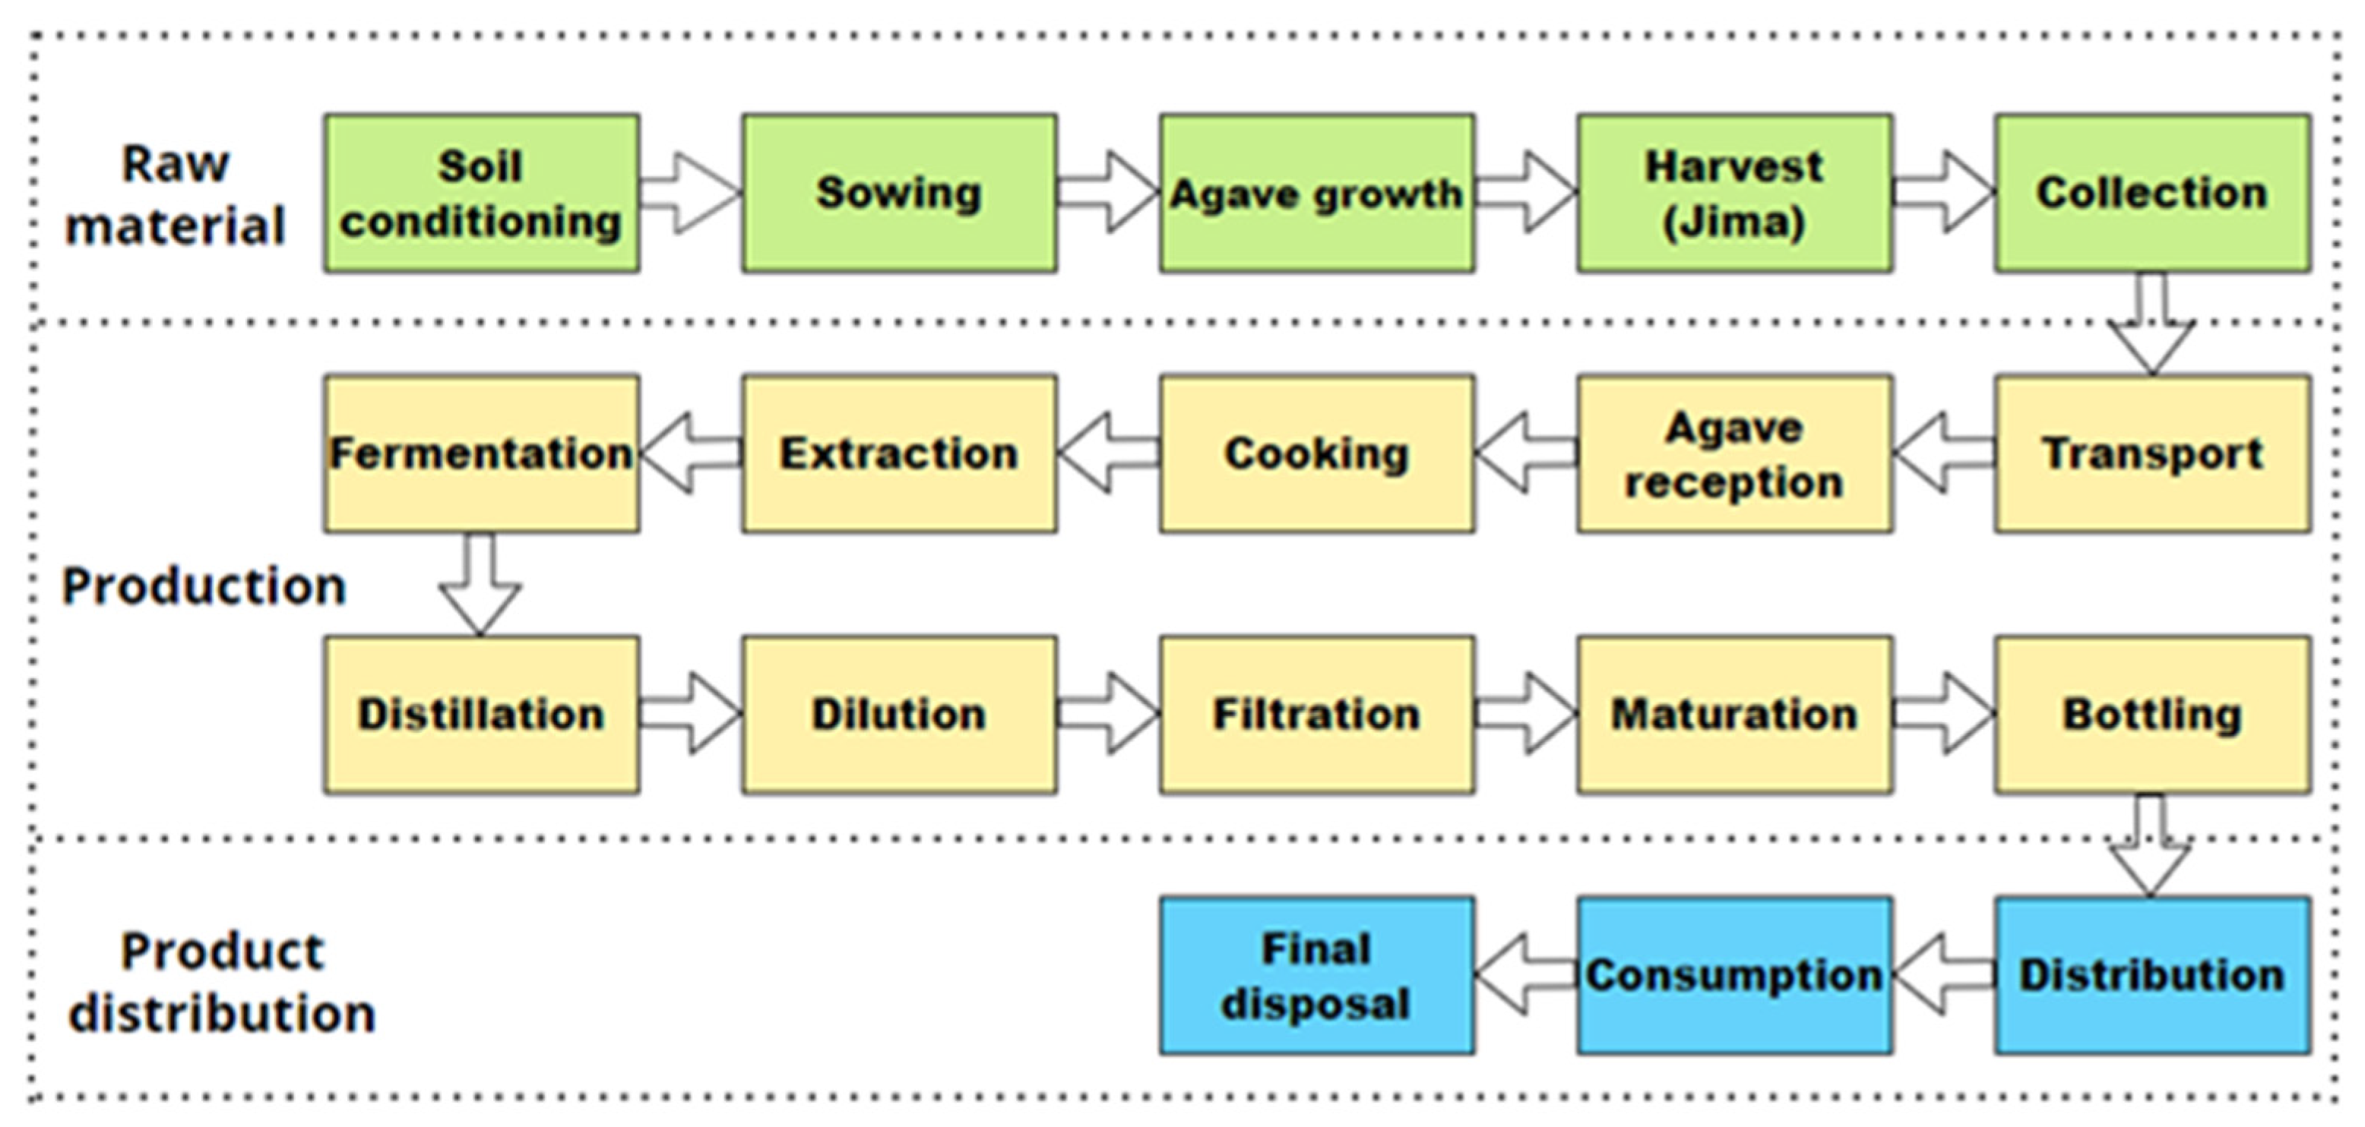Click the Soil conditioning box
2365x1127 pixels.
[x=481, y=193]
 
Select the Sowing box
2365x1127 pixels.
[x=899, y=193]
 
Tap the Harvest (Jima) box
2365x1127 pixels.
[x=1734, y=193]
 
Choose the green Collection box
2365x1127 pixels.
[x=2152, y=193]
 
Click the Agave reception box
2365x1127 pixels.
[x=1734, y=453]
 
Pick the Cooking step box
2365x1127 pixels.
[x=1316, y=453]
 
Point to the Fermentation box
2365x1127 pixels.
[x=481, y=453]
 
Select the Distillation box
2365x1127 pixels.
[x=481, y=714]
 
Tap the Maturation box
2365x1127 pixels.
[x=1734, y=714]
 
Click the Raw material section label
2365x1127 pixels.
[x=175, y=194]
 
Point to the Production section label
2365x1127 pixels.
[x=203, y=586]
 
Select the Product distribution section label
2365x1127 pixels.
[x=222, y=982]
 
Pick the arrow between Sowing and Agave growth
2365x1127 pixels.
[x=1107, y=193]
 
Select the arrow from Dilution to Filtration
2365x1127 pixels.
[x=1107, y=714]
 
